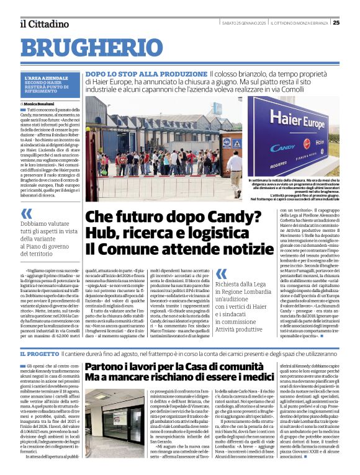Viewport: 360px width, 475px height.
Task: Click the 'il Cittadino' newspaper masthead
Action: pos(43,24)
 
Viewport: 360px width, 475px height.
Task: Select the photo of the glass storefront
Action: pos(115,424)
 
